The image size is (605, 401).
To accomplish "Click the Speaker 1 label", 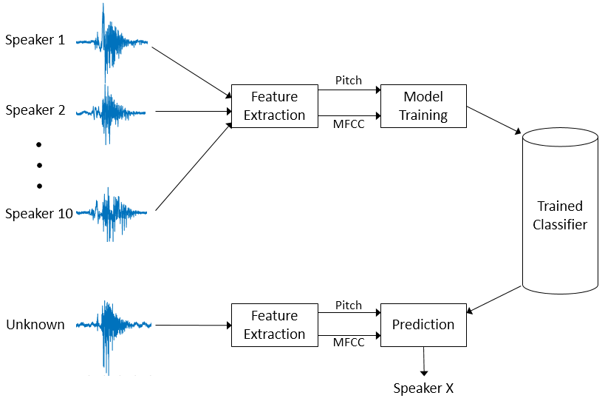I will (35, 40).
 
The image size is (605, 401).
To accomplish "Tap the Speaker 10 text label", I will (39, 214).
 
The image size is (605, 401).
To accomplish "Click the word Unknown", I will (35, 325).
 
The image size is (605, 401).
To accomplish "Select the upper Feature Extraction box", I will (274, 106).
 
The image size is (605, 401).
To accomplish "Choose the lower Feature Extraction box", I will (274, 325).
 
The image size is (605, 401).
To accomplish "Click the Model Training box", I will (424, 106).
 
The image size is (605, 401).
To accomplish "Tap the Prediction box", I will (423, 325).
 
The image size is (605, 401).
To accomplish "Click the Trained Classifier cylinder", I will (560, 215).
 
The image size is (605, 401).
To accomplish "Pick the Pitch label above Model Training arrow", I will (349, 80).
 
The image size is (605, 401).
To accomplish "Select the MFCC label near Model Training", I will (349, 124).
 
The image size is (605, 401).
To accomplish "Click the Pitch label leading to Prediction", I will (349, 305).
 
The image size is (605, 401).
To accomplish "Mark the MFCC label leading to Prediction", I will (349, 343).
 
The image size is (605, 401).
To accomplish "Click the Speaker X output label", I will (423, 388).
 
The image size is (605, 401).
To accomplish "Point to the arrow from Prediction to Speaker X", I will (423, 361).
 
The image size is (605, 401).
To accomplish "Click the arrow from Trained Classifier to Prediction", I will (495, 299).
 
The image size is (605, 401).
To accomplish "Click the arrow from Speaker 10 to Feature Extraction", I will (192, 168).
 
